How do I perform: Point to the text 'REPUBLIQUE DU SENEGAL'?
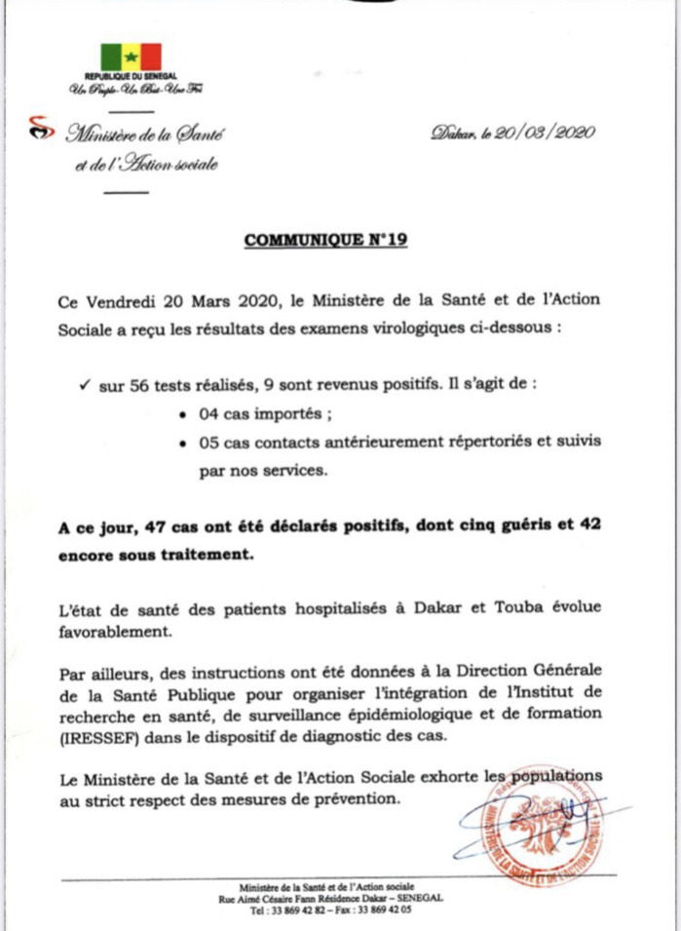[x=132, y=76]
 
